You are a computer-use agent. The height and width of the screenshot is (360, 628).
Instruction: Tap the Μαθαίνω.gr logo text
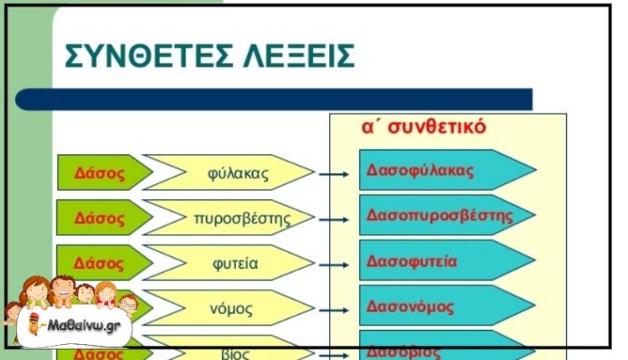pos(79,326)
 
